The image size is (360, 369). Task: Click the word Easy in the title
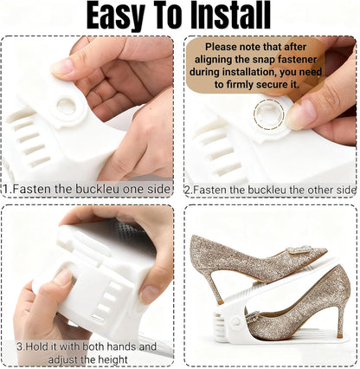115,15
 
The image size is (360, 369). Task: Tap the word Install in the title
231,15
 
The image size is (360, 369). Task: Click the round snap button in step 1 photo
67,107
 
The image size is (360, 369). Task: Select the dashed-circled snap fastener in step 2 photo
269,114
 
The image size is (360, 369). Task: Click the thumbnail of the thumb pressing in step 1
61,67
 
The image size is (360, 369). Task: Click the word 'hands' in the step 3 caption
124,346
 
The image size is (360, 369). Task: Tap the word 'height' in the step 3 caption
113,359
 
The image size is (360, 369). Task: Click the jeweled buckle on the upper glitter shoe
300,250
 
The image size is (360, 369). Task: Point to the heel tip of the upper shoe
221,302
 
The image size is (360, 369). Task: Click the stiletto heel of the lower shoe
338,319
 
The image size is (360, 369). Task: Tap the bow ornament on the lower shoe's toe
253,318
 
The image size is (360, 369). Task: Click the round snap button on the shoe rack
236,321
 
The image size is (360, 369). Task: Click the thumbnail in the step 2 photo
297,114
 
